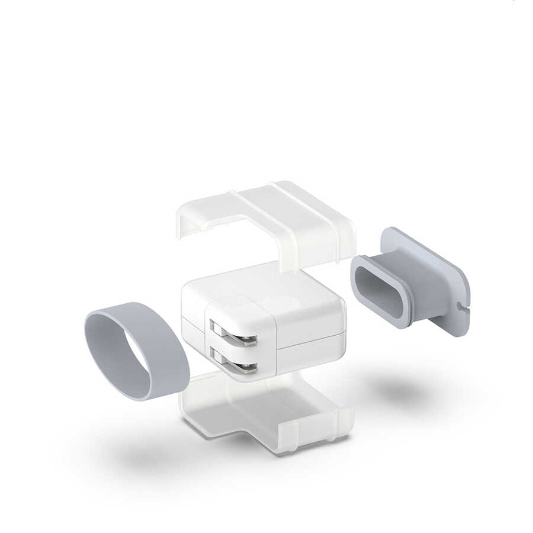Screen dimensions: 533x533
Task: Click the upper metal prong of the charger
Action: (235, 338)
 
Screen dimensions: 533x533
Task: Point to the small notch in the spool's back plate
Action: (460, 307)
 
